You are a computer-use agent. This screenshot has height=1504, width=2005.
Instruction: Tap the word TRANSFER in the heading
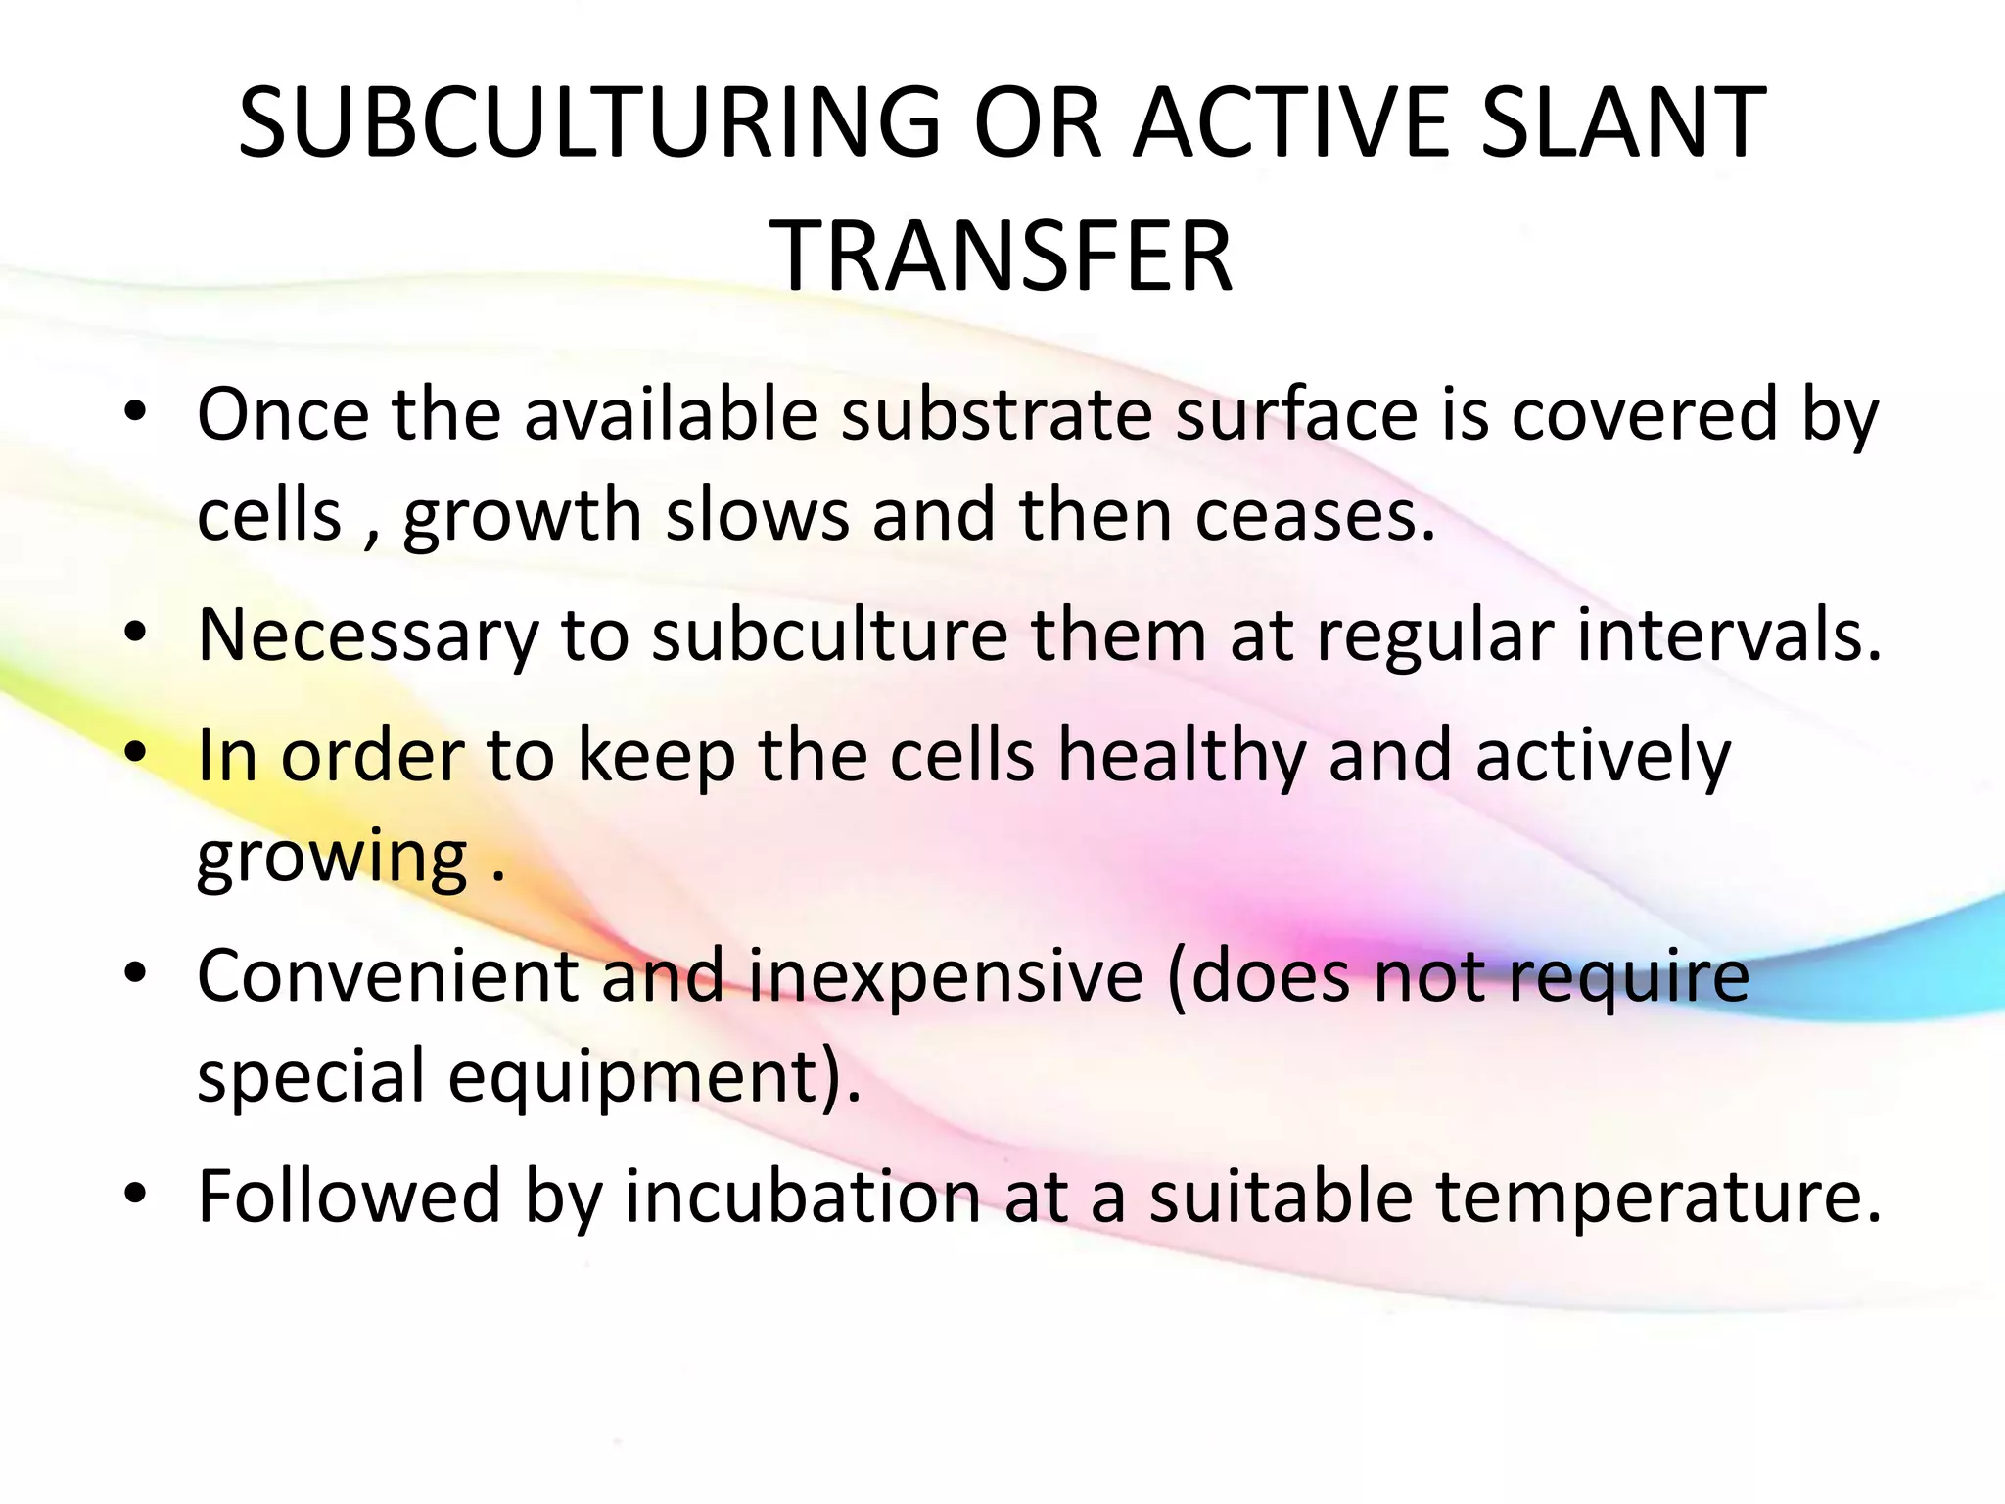(1004, 257)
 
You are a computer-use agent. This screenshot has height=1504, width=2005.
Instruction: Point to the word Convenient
(388, 976)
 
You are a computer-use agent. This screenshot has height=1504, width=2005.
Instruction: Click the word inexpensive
(946, 976)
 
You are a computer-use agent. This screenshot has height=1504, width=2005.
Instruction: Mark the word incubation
(803, 1197)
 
